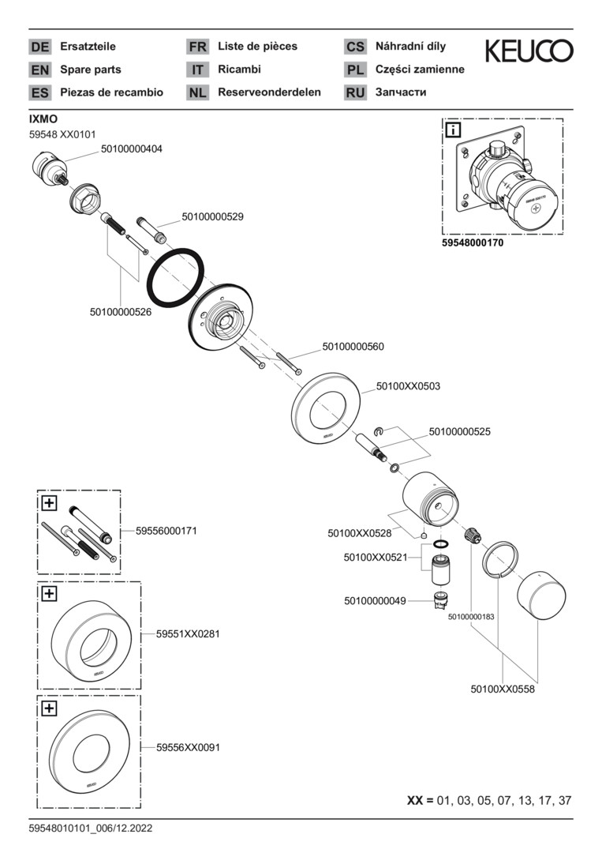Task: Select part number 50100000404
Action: (132, 148)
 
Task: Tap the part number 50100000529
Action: (212, 216)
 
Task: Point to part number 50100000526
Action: (121, 312)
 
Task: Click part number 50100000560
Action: (353, 346)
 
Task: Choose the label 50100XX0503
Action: (408, 386)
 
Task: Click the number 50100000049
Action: (375, 601)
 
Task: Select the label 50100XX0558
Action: (503, 689)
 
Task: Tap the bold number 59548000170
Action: (472, 243)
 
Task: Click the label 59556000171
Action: (166, 531)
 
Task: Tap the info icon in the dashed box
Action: (454, 130)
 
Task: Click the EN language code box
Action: (39, 70)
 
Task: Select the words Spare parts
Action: (91, 70)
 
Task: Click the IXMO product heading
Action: (43, 118)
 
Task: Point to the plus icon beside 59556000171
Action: (49, 502)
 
